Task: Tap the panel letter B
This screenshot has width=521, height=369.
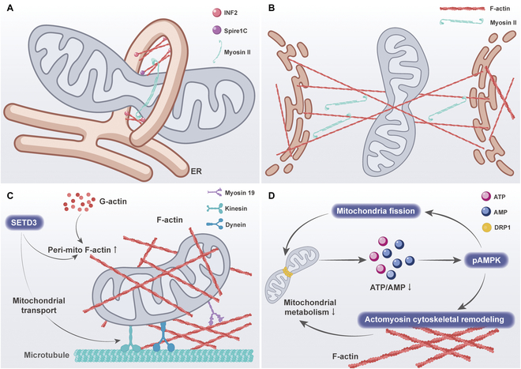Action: (272, 9)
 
